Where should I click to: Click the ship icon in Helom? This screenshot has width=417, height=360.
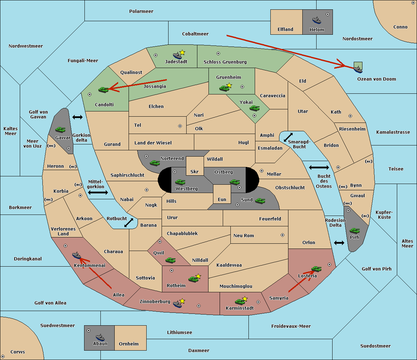tap(316, 20)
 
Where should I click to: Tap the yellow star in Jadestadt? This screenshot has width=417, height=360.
tap(182, 52)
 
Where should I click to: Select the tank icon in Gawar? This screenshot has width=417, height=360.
tap(60, 130)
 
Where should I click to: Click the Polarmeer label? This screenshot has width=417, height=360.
tap(141, 11)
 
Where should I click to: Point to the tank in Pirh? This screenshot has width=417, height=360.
tap(354, 231)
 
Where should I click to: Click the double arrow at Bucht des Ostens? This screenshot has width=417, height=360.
tap(319, 168)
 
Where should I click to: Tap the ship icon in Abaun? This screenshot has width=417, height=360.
tap(100, 337)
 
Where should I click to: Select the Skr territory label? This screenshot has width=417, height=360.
tap(195, 172)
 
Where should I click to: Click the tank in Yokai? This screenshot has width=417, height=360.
tap(254, 108)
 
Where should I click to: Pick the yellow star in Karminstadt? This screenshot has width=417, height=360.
tap(245, 299)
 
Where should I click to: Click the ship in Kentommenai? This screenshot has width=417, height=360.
tap(76, 256)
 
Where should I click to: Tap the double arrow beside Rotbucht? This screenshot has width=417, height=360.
tap(129, 223)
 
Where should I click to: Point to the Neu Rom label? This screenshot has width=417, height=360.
tap(244, 235)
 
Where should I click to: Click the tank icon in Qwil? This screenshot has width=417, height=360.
tap(170, 260)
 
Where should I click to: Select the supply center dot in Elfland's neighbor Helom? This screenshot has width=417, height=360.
tap(328, 14)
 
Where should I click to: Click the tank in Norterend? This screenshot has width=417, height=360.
tap(155, 163)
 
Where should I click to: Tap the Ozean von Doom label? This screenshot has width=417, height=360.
tap(377, 79)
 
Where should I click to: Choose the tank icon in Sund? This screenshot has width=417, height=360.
tap(260, 201)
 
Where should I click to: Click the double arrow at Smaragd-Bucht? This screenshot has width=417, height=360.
tap(288, 137)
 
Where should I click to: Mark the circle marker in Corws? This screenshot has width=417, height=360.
tap(3, 357)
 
